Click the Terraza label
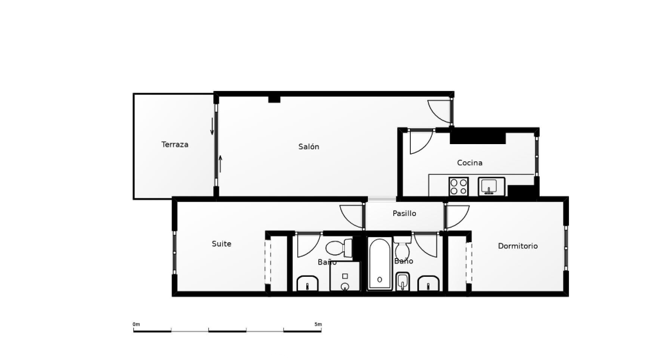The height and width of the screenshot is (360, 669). coord(175,145)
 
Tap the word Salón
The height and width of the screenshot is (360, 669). coord(309,147)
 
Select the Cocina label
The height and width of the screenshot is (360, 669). coord(470,163)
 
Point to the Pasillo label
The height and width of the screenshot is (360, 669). coord(404,213)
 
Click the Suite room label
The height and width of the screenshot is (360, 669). coord(222,243)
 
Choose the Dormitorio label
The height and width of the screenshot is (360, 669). coord(518,246)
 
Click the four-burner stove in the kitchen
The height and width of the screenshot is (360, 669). coord(459,187)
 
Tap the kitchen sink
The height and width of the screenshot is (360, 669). coord(491,187)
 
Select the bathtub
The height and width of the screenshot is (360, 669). coord(380,265)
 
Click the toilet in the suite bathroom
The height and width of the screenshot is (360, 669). coord(339,248)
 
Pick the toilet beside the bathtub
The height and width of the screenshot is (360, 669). coord(402,247)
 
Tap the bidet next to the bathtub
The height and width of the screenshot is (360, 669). coord(402,282)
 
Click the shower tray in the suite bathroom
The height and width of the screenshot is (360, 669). coord(345,277)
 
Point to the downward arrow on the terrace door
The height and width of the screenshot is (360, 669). coord(212,126)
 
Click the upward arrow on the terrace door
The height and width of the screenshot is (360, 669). coord(220,164)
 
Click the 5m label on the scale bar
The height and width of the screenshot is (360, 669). coord(318,325)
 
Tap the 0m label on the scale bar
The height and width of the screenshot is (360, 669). coord(136,325)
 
